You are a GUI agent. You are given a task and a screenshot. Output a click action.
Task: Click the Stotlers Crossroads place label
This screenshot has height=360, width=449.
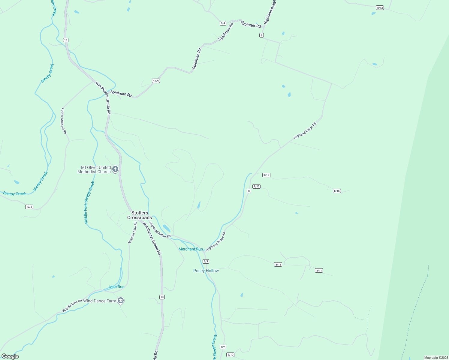[x=140, y=215]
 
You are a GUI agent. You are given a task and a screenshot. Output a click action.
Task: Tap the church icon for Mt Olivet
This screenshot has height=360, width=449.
[x=115, y=169]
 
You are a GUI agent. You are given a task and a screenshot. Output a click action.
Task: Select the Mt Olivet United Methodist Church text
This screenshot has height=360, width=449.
[x=94, y=169]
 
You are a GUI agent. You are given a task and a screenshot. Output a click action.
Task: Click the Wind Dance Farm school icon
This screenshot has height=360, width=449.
[x=121, y=301]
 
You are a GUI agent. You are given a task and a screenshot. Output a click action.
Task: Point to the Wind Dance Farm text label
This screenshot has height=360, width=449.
[x=100, y=301]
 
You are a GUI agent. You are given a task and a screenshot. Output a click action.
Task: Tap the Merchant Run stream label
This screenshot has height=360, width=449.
[x=191, y=249]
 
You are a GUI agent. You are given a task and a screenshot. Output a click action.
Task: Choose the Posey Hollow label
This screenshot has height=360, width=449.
[x=206, y=271]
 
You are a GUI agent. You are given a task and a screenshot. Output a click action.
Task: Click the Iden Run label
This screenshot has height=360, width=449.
[x=117, y=287]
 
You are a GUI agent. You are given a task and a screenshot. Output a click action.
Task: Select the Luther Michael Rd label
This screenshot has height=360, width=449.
[x=64, y=121]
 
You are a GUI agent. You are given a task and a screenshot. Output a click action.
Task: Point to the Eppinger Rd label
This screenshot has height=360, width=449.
[x=251, y=25]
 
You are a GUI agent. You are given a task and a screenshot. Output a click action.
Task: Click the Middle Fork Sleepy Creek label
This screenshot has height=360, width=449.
[x=89, y=202]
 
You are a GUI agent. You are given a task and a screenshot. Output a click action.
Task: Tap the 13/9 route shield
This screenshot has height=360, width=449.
[x=156, y=81]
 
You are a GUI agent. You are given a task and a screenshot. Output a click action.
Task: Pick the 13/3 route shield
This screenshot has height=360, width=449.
[x=29, y=207]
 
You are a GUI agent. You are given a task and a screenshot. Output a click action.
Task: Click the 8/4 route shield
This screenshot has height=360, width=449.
[x=223, y=23]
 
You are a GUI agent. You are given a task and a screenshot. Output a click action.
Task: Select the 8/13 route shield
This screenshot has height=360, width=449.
[x=380, y=8]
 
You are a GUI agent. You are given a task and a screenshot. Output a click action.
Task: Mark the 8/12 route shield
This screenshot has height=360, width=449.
[x=256, y=186]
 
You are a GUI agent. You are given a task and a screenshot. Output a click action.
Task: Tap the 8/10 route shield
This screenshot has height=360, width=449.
[x=231, y=355]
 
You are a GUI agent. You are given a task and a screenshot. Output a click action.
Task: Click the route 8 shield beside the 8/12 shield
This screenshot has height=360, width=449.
[x=249, y=191]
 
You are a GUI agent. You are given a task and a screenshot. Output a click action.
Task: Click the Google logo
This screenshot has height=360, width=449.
[x=10, y=356]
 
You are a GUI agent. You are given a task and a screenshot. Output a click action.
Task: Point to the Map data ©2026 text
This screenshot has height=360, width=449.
[x=436, y=358]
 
